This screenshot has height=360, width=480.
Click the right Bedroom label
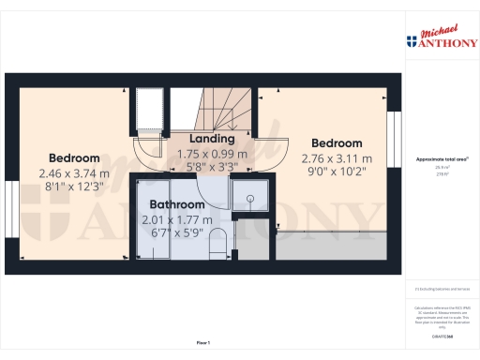pos(337,144)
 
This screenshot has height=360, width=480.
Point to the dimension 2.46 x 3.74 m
pos(75,173)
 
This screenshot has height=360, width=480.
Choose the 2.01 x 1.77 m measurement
pos(177,218)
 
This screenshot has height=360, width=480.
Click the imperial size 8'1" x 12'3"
pos(75,187)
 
